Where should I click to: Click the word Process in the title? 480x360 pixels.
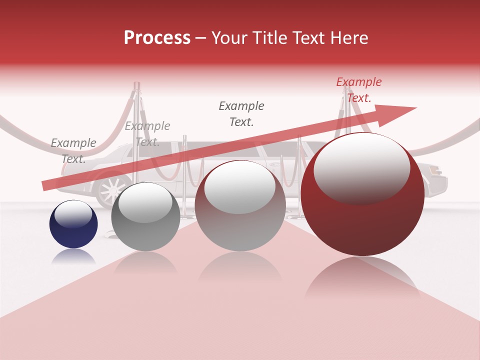[x=157, y=38]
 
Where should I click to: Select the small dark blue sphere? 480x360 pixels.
[x=73, y=224]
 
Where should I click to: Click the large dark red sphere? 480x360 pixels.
[x=362, y=195]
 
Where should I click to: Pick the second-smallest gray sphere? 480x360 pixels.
[x=145, y=216]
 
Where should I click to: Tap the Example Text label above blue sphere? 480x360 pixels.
[x=73, y=150]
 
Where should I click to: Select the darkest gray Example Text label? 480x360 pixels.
[x=241, y=113]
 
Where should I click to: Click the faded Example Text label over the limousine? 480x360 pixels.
[x=147, y=133]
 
